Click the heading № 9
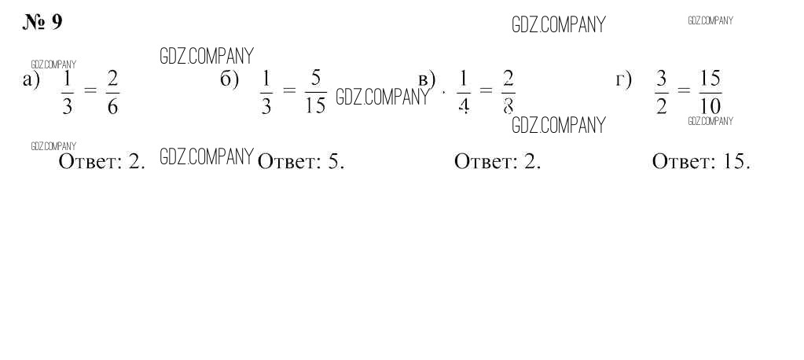click(x=42, y=22)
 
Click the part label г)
click(x=623, y=79)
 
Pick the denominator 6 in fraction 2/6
click(x=112, y=106)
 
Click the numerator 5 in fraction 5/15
click(x=315, y=79)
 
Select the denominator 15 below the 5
click(x=315, y=106)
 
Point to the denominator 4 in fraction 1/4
click(x=463, y=106)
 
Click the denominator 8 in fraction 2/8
click(x=508, y=106)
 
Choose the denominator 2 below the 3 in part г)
click(x=661, y=106)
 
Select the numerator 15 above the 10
click(x=710, y=79)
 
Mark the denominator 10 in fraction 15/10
click(x=710, y=106)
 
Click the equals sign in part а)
click(x=90, y=91)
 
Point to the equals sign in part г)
click(x=683, y=91)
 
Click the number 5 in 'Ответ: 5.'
click(x=333, y=162)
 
